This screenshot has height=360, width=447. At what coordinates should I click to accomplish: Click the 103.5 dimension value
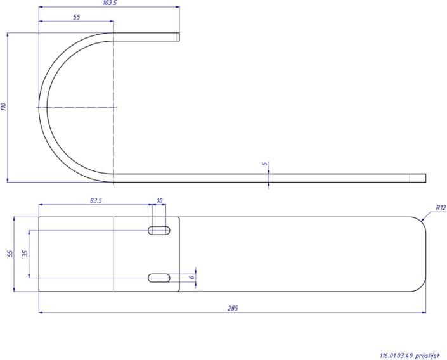click(110, 3)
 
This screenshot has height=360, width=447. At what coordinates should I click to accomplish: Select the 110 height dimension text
click(4, 107)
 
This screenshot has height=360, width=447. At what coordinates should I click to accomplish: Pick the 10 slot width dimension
click(159, 200)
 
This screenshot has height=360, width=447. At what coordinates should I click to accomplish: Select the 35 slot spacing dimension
click(25, 254)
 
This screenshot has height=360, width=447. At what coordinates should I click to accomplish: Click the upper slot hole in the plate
click(159, 230)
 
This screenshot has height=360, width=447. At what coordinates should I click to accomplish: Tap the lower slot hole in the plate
click(159, 277)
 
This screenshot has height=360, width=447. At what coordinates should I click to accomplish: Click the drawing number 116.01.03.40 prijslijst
click(409, 356)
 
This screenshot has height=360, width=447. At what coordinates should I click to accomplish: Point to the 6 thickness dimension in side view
click(264, 164)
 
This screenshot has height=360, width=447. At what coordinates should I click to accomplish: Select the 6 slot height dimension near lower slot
click(191, 277)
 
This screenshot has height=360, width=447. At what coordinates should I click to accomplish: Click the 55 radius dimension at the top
click(76, 17)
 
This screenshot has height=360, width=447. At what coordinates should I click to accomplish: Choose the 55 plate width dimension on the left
click(10, 254)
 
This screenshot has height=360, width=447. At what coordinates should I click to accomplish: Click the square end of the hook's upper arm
click(178, 37)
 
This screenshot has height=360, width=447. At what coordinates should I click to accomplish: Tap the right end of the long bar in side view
click(424, 177)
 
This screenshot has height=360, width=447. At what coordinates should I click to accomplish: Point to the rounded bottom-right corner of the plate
click(420, 286)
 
